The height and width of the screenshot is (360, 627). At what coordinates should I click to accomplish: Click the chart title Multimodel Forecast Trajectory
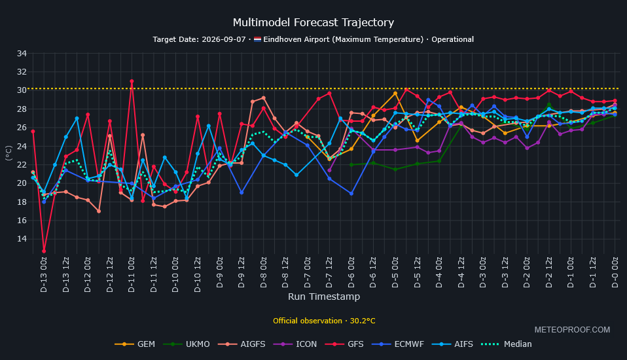[313, 22]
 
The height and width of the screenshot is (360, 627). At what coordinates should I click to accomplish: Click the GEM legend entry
[135, 344]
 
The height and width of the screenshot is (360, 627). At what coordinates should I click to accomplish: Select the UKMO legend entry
[187, 344]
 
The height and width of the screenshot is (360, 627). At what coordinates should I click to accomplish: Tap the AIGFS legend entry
[242, 344]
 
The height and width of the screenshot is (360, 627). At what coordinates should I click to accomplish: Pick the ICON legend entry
[295, 344]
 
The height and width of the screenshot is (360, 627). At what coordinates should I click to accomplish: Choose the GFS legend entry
[344, 344]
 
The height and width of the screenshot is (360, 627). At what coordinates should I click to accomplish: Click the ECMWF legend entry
[397, 344]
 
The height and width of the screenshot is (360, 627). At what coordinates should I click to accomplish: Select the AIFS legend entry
[452, 344]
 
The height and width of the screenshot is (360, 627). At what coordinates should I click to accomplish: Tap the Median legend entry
[506, 344]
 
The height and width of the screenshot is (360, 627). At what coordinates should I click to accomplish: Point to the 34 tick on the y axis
[22, 53]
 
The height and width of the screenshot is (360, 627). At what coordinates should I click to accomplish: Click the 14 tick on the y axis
[22, 239]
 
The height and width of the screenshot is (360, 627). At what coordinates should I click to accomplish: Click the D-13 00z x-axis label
[44, 275]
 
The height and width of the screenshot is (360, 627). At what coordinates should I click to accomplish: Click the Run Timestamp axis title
[324, 297]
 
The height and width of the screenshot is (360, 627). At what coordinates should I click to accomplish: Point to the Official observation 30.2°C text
[324, 321]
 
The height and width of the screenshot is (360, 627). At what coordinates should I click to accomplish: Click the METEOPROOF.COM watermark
[572, 330]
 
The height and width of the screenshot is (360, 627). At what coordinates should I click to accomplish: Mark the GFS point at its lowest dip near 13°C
[44, 251]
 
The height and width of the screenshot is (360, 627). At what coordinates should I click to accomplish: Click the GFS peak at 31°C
[132, 81]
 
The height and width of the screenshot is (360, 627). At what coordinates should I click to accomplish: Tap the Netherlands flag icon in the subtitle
[257, 39]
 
